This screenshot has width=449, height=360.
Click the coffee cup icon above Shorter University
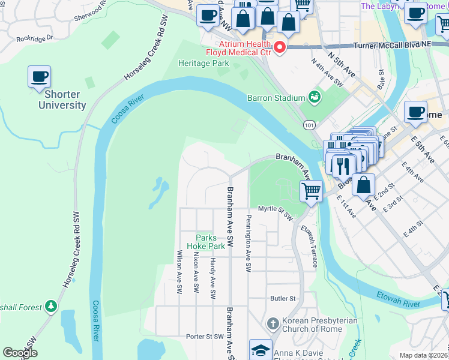39,77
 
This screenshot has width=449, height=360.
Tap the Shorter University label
62,100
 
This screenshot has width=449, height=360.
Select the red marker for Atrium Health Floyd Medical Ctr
279,47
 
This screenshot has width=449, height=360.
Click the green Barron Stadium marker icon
314,97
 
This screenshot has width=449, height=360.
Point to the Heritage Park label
204,63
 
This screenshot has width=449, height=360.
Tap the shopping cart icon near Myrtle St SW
310,191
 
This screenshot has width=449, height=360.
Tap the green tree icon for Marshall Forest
52,307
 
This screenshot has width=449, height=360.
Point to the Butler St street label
283,298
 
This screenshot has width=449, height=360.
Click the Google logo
20,353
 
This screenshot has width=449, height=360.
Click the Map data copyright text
423,355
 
